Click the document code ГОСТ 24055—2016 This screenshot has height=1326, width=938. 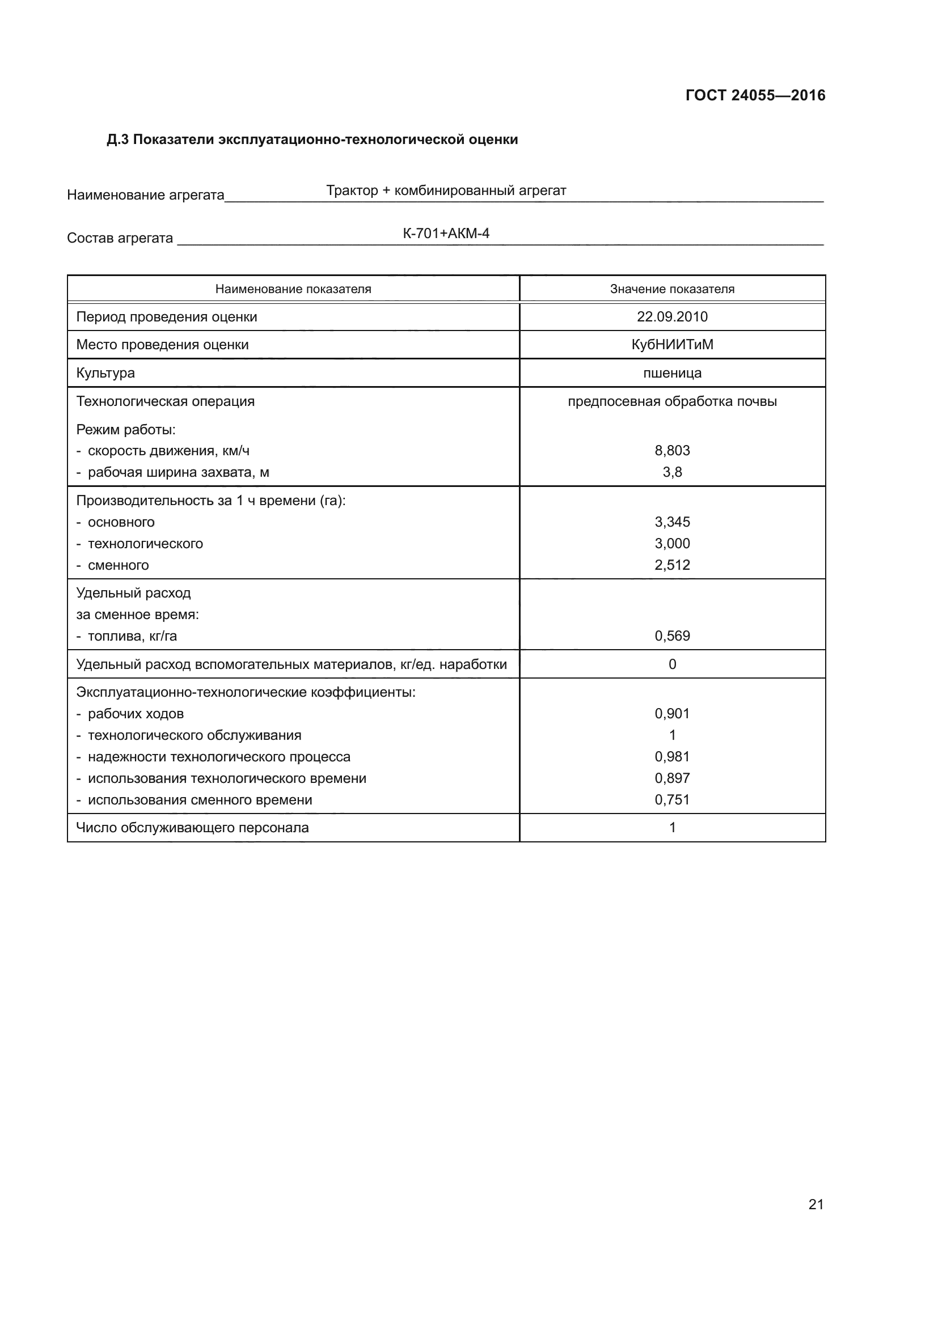(x=755, y=95)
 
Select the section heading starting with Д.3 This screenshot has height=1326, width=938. (x=312, y=140)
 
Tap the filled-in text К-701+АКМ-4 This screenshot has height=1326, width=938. (x=446, y=234)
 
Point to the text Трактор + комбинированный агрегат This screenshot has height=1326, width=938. (x=446, y=190)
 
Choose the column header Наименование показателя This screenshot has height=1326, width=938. (x=293, y=289)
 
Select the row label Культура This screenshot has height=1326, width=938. (x=105, y=373)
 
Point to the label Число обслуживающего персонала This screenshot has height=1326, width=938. (x=192, y=828)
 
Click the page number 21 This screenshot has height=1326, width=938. (x=816, y=1204)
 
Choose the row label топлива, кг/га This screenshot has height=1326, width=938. (x=132, y=636)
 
